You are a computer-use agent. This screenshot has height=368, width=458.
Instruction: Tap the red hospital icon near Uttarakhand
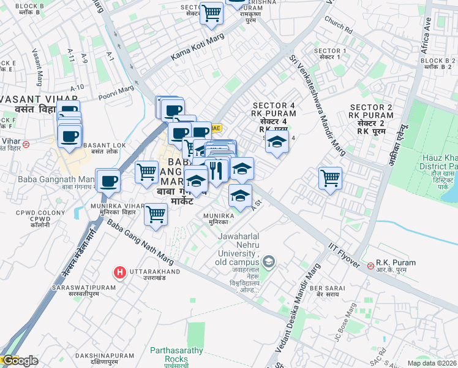point(120,272)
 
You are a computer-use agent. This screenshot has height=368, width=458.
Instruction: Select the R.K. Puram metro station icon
point(370,266)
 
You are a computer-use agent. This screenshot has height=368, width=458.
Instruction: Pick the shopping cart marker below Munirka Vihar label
point(156,215)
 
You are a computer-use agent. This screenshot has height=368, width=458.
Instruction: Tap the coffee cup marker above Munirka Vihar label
point(108,180)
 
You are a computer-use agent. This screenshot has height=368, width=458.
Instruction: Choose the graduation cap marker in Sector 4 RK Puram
point(277,143)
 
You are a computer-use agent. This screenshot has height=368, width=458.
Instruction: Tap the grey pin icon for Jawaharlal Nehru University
point(271,263)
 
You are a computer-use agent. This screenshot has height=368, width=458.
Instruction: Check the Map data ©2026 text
point(432,363)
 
